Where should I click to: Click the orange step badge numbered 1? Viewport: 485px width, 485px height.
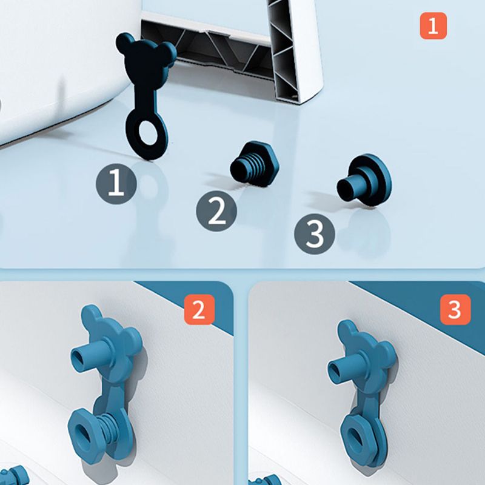433,25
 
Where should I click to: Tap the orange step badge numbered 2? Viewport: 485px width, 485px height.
199,309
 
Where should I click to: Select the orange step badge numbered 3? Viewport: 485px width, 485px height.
455,309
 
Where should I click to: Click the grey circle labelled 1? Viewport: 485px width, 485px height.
116,184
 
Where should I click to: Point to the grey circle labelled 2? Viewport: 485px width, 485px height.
216,211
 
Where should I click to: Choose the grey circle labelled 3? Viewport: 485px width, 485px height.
314,234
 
